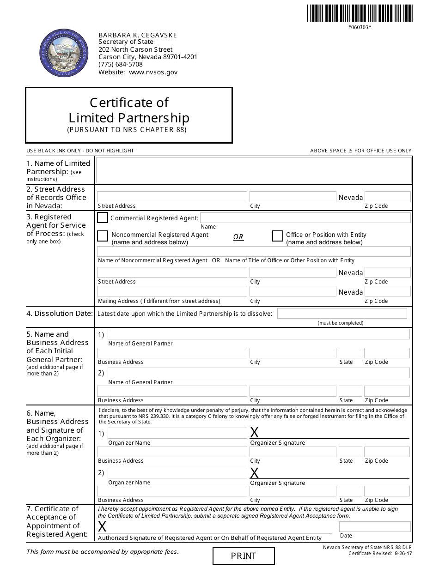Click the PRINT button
click(x=244, y=556)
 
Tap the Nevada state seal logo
click(x=64, y=53)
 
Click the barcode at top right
click(x=360, y=13)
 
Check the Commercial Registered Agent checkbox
click(x=103, y=218)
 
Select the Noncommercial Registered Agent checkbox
click(x=103, y=236)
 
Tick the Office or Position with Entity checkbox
click(x=277, y=236)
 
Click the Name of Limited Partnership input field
click(x=253, y=170)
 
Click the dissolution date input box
click(x=341, y=314)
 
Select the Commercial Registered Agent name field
click(x=305, y=218)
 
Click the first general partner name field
click(x=258, y=334)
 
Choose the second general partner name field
click(x=258, y=373)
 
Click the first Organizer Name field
click(x=177, y=434)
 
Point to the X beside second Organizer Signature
click(x=254, y=473)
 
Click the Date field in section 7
click(x=374, y=526)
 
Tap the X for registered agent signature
click(x=102, y=526)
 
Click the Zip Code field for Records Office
click(x=387, y=197)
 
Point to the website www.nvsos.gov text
click(x=153, y=72)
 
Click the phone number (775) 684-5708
click(x=121, y=65)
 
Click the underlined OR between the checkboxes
click(x=238, y=237)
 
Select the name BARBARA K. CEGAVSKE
click(x=138, y=35)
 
